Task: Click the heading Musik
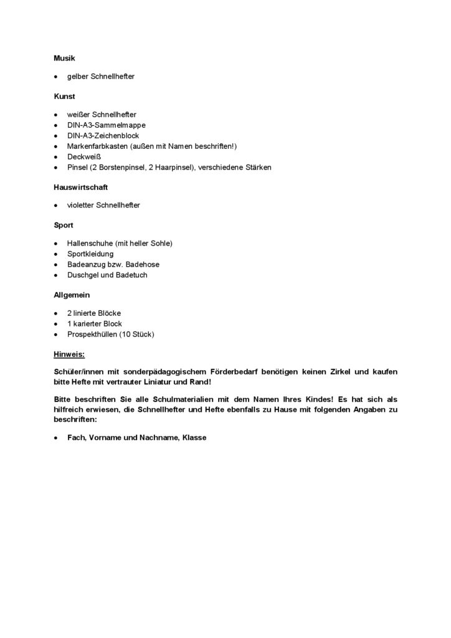64,58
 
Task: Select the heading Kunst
64,97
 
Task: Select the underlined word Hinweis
69,354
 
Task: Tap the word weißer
78,115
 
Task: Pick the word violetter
81,205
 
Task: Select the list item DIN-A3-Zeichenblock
103,136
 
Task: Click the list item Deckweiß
84,157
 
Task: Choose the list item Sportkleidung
90,254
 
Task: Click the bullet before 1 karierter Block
56,324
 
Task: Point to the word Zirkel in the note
343,371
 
